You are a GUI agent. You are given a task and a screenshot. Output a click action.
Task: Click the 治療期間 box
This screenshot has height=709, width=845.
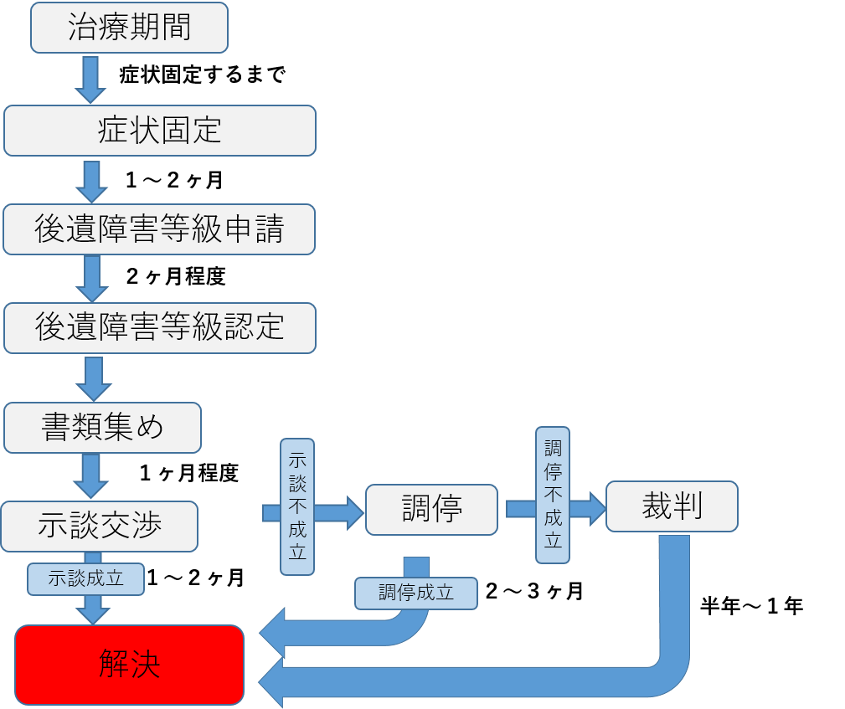pyautogui.click(x=129, y=28)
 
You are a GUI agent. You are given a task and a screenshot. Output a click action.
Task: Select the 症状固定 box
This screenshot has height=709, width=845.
pyautogui.click(x=159, y=131)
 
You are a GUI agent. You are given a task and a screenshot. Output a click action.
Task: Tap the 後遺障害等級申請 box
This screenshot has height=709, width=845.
pyautogui.click(x=159, y=229)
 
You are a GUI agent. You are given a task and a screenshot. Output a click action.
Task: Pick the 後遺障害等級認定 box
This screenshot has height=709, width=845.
pyautogui.click(x=159, y=327)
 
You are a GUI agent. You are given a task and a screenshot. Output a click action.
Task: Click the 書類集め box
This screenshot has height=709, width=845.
pyautogui.click(x=102, y=428)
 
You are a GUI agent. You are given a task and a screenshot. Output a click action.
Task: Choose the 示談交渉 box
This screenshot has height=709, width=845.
pyautogui.click(x=99, y=527)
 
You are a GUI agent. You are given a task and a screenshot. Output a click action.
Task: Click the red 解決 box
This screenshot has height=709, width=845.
pyautogui.click(x=129, y=665)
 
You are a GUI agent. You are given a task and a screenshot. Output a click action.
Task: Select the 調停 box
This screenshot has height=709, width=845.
pyautogui.click(x=431, y=509)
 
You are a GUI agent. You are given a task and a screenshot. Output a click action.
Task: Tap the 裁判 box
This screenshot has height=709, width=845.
pyautogui.click(x=672, y=506)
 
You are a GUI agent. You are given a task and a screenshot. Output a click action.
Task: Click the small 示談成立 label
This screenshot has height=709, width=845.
pyautogui.click(x=85, y=578)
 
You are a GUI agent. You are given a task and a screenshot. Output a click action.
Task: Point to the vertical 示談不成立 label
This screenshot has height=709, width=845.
pyautogui.click(x=297, y=507)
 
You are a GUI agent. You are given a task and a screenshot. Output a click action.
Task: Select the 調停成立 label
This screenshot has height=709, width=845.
pyautogui.click(x=415, y=593)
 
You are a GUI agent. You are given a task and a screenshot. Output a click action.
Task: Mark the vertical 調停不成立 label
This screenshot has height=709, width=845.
pyautogui.click(x=553, y=495)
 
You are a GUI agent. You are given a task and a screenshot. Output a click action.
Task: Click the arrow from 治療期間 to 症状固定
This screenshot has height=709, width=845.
pyautogui.click(x=90, y=80)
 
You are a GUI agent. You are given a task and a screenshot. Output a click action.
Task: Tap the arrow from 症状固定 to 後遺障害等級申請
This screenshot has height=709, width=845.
pyautogui.click(x=90, y=179)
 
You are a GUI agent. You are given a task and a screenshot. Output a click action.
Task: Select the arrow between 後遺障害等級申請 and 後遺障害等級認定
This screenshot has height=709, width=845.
pyautogui.click(x=91, y=278)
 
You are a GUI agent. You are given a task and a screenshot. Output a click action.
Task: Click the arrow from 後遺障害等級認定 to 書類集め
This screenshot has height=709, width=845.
pyautogui.click(x=93, y=378)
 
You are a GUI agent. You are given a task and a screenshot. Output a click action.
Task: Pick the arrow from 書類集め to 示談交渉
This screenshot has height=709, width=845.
pyautogui.click(x=91, y=476)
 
